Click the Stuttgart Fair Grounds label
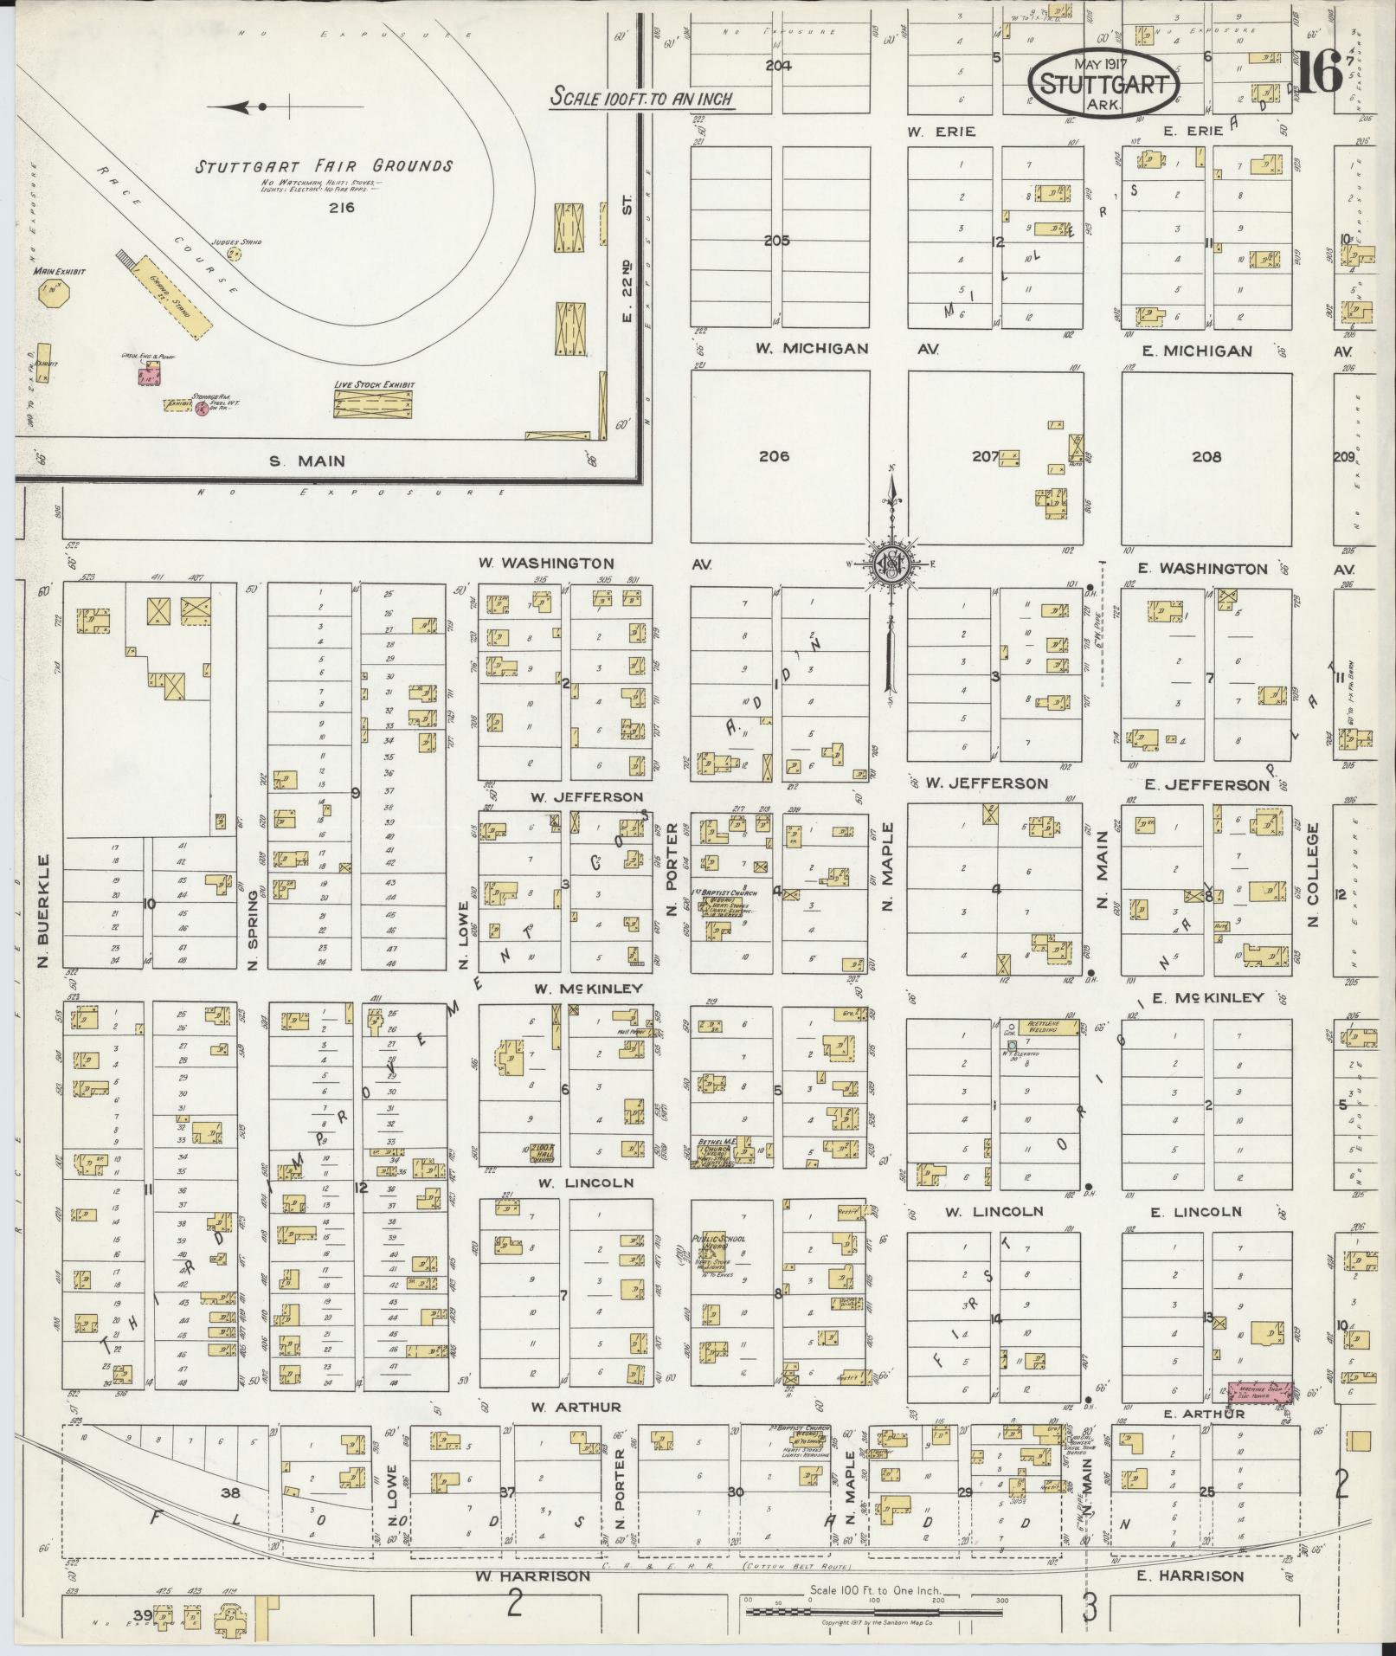[323, 166]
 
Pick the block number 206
[774, 456]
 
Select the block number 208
[1206, 456]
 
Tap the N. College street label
[1313, 875]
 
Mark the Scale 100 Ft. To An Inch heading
[643, 98]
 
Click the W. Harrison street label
[533, 1575]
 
